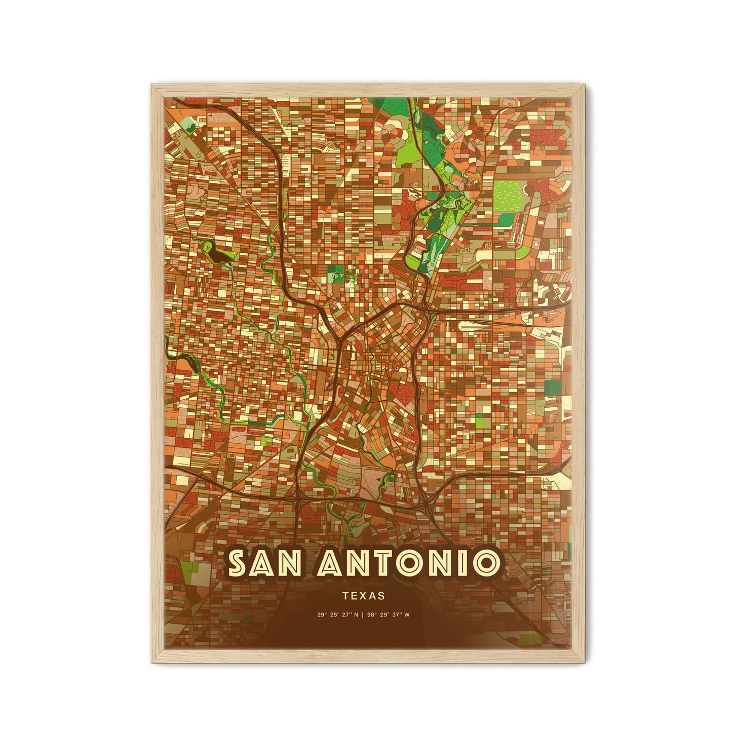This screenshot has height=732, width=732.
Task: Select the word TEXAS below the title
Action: pyautogui.click(x=364, y=596)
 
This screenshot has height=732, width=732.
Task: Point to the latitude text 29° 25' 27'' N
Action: pyautogui.click(x=338, y=615)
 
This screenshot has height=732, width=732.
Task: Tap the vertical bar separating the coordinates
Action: pyautogui.click(x=364, y=615)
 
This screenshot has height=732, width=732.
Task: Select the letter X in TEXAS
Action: pyautogui.click(x=364, y=596)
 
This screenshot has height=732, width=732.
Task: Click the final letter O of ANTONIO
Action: pyautogui.click(x=484, y=563)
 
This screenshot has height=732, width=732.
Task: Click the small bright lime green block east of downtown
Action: pyautogui.click(x=479, y=420)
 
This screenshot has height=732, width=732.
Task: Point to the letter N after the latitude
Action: pyautogui.click(x=356, y=615)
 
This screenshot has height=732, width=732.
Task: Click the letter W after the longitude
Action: pyautogui.click(x=408, y=615)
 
